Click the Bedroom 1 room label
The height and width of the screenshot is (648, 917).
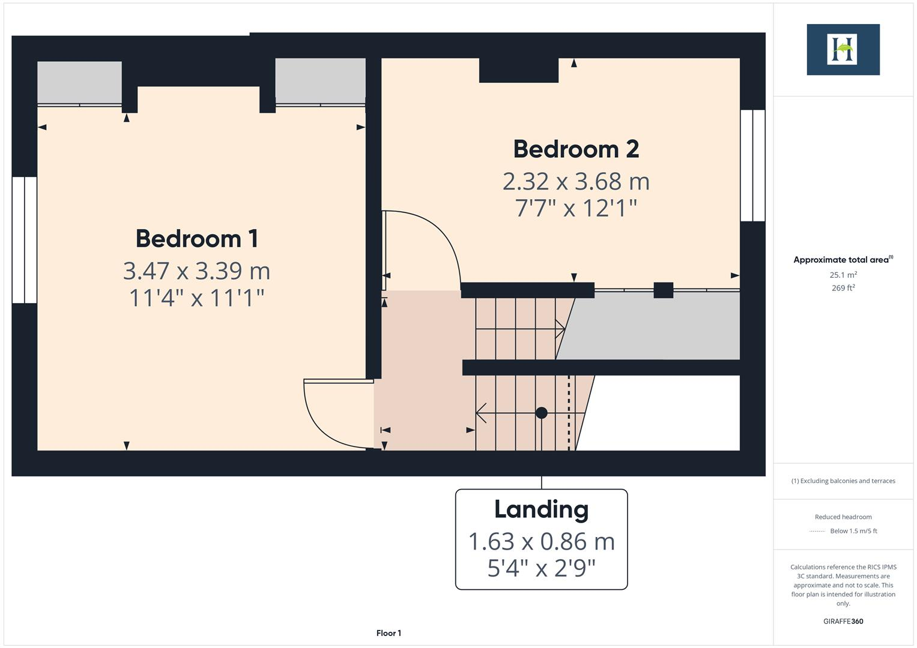pyautogui.click(x=197, y=238)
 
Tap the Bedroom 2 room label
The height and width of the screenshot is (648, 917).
pyautogui.click(x=575, y=149)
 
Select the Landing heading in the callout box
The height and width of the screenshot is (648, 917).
pyautogui.click(x=541, y=509)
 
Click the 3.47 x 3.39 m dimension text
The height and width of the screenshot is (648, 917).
pyautogui.click(x=196, y=271)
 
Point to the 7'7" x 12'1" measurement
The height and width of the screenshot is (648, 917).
pyautogui.click(x=575, y=208)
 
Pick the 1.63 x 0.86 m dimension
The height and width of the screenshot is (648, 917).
pyautogui.click(x=541, y=541)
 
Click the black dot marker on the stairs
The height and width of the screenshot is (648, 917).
pyautogui.click(x=541, y=413)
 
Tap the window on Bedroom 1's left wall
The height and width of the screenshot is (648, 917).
pyautogui.click(x=25, y=239)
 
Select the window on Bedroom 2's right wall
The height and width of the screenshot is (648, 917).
pyautogui.click(x=752, y=166)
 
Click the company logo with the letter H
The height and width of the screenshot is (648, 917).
pyautogui.click(x=843, y=49)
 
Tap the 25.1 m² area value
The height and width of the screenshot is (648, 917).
pyautogui.click(x=843, y=275)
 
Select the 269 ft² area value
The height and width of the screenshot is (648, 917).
pyautogui.click(x=843, y=288)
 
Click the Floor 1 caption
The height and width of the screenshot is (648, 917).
pyautogui.click(x=389, y=633)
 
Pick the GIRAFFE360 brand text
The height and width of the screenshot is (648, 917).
pyautogui.click(x=843, y=621)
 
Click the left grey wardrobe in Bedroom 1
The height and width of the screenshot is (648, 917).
pyautogui.click(x=79, y=82)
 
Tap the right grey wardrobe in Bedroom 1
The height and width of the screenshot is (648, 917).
pyautogui.click(x=320, y=81)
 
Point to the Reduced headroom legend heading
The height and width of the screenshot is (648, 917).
pyautogui.click(x=843, y=517)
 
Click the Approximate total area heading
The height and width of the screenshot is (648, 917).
pyautogui.click(x=843, y=260)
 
